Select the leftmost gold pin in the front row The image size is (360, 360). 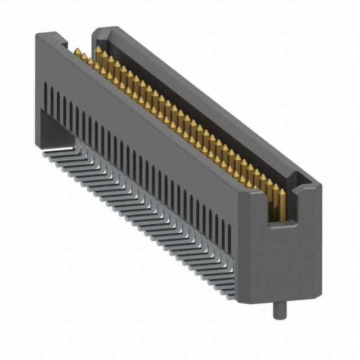76,52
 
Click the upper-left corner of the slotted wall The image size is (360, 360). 37,35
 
